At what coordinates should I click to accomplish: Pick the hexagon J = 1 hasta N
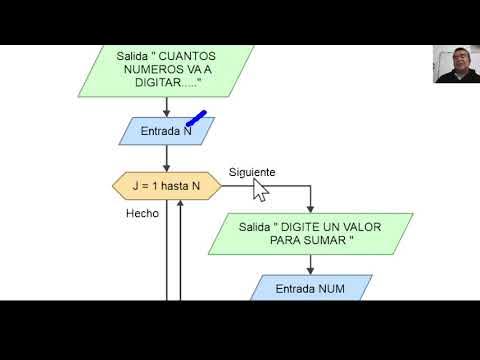point(166,185)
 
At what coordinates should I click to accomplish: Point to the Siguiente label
point(251,172)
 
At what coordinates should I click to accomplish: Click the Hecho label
point(142,213)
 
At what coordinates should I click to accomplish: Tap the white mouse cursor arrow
point(261,189)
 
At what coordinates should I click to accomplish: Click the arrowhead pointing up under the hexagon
point(181,204)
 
